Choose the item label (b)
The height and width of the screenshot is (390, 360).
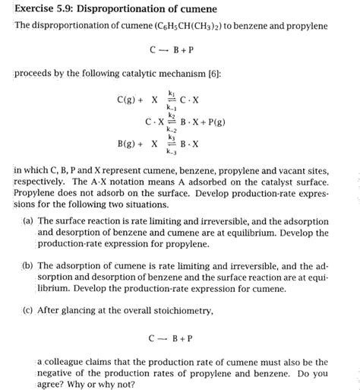pos(27,266)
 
